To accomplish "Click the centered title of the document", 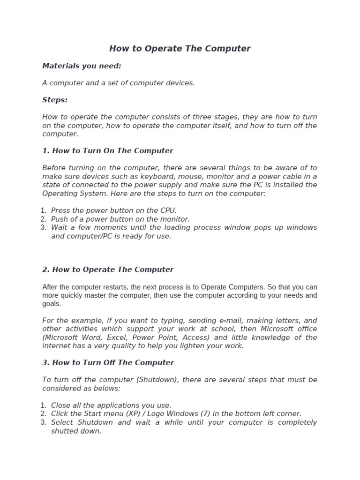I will click(180, 49).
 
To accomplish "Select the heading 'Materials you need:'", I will click(82, 66).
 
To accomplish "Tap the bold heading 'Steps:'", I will click(55, 100).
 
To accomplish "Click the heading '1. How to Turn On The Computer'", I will click(108, 151).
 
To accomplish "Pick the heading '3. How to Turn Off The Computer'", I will click(108, 363).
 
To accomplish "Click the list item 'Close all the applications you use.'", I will click(111, 405).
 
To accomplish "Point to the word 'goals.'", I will click(52, 304).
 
